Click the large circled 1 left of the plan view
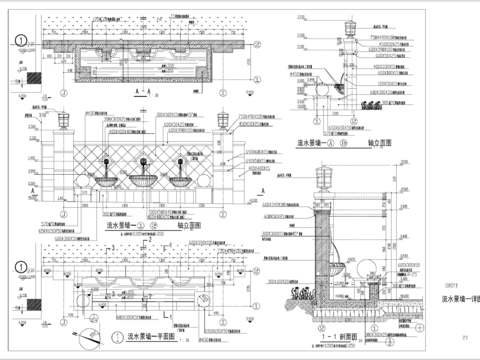[20, 266]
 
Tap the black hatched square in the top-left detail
[33, 77]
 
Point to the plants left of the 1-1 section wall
[302, 297]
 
